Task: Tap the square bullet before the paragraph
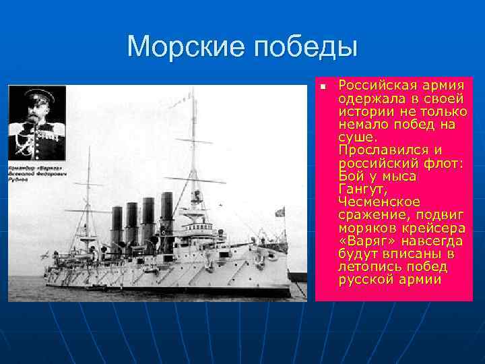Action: [x=323, y=86]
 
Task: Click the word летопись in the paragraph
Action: [x=366, y=267]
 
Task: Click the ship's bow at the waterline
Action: [x=50, y=284]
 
